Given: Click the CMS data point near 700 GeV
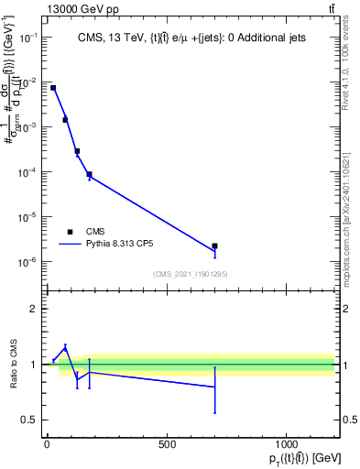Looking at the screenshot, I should point(214,245).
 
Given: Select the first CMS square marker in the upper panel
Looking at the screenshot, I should point(53,88).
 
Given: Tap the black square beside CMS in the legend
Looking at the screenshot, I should point(70,232).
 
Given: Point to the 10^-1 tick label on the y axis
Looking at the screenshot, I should point(27,38).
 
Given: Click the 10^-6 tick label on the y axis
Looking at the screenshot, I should point(27,262).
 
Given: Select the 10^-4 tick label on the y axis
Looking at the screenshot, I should point(27,172).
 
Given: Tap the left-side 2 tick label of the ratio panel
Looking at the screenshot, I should point(35,310).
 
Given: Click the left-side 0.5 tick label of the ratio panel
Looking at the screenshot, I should point(30,420).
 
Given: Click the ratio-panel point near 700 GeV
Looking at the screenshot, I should point(214,387).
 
